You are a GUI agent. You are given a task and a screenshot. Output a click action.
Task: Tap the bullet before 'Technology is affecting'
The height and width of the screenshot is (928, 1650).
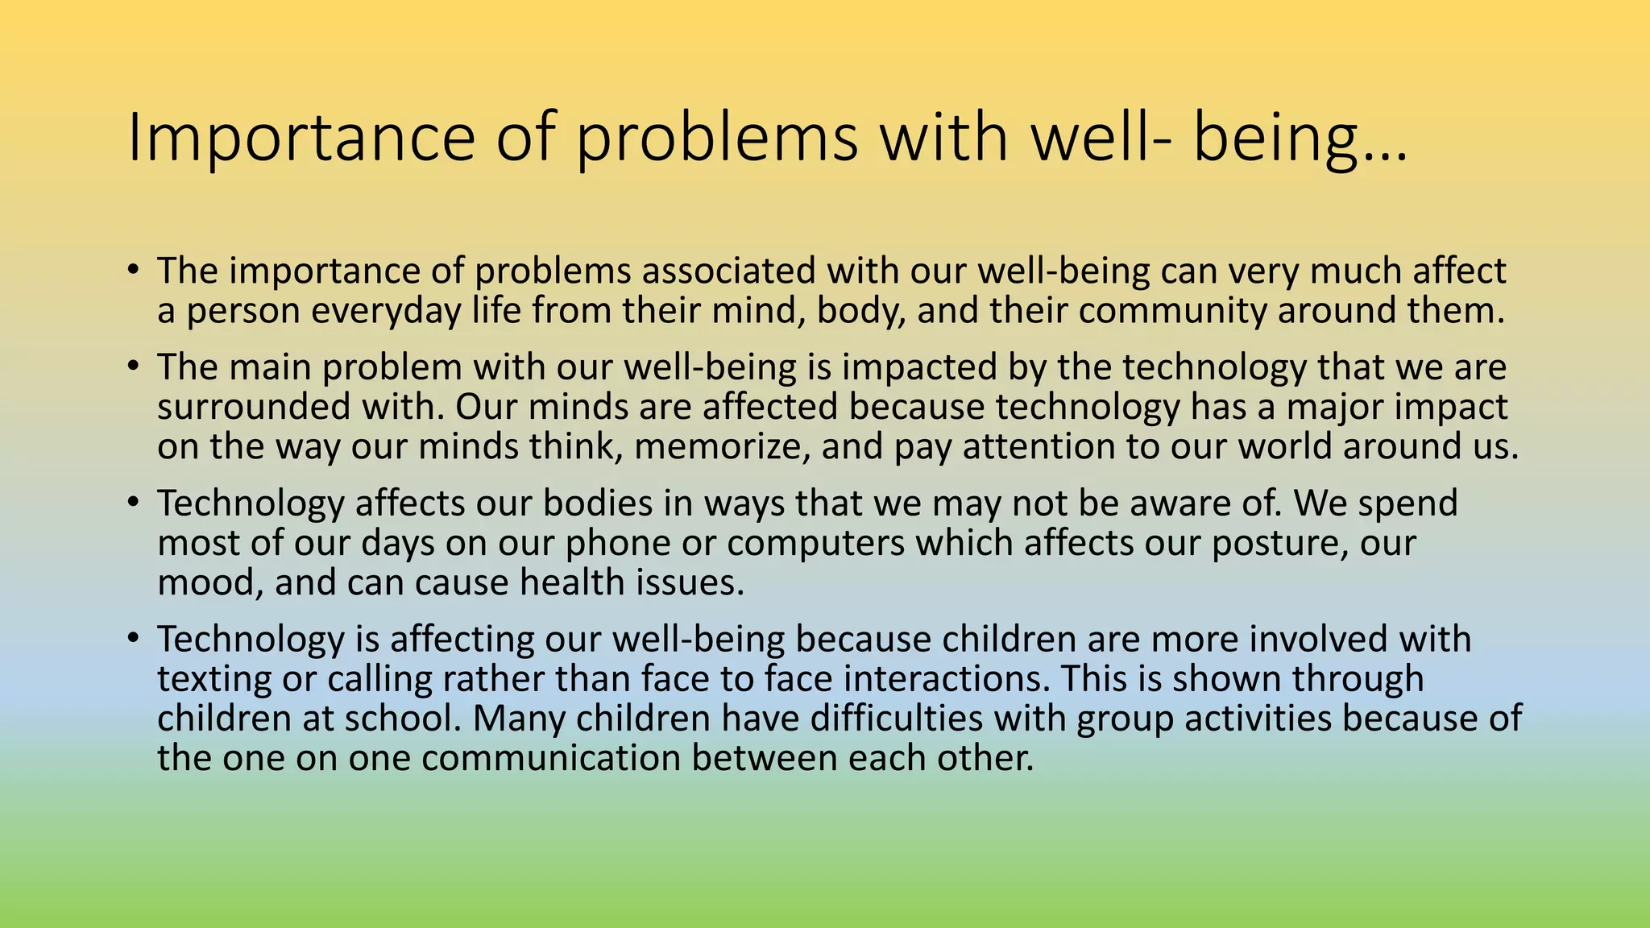point(133,637)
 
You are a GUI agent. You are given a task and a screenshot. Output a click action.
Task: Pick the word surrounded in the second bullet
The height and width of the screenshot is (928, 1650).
point(253,407)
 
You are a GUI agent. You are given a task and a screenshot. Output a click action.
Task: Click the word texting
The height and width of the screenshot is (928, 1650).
point(214,679)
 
